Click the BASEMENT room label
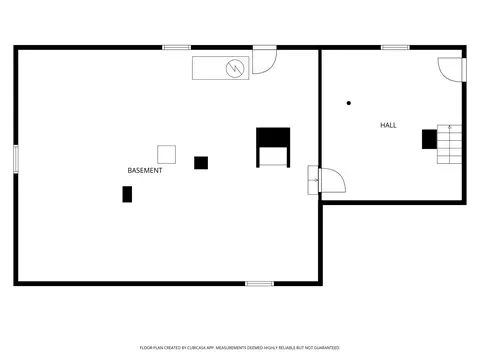click(x=145, y=170)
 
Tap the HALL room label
click(x=388, y=125)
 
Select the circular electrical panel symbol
click(x=235, y=68)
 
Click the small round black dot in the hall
click(x=349, y=103)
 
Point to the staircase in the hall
click(x=449, y=144)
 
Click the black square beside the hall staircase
click(x=429, y=139)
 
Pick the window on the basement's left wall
click(x=16, y=159)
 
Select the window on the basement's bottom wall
click(x=260, y=284)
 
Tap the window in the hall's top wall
click(x=395, y=47)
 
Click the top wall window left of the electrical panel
click(x=177, y=47)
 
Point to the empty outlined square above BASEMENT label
click(x=167, y=154)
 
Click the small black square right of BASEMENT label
click(x=201, y=163)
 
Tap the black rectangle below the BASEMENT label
click(x=127, y=194)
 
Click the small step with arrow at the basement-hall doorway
click(x=313, y=180)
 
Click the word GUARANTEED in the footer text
click(x=327, y=348)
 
